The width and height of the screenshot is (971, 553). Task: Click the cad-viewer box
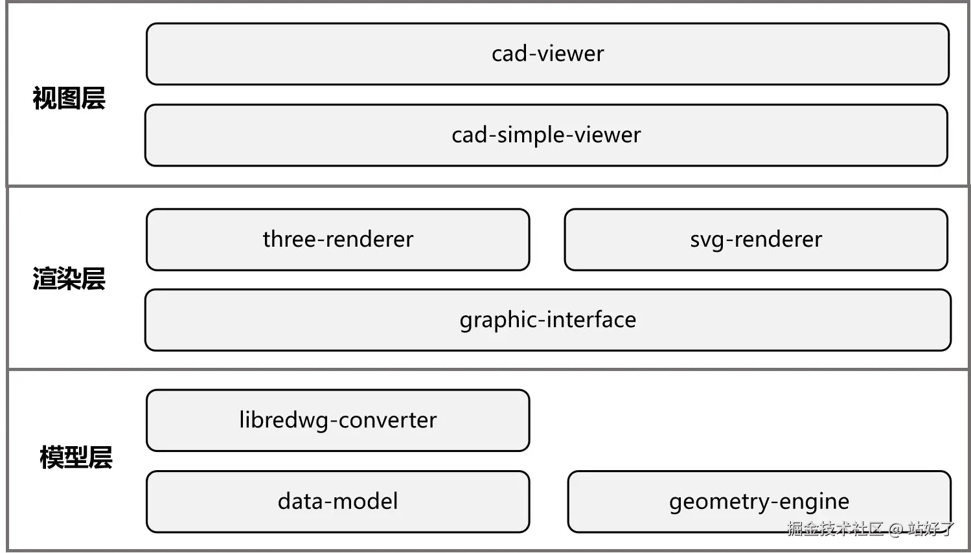(x=547, y=54)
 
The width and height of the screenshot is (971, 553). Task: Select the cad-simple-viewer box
(x=546, y=135)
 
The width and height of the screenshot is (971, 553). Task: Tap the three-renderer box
(x=338, y=240)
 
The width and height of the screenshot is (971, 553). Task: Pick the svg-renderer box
(x=756, y=240)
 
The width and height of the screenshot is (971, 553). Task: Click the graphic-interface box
(x=548, y=320)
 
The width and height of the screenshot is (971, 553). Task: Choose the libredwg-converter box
(x=338, y=420)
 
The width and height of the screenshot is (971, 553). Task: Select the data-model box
(x=338, y=501)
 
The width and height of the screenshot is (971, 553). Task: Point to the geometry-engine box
(x=759, y=501)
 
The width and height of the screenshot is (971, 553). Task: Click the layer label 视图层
(x=69, y=98)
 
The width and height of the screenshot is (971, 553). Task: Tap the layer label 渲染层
(x=69, y=278)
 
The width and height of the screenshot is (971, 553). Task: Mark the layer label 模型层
(x=76, y=457)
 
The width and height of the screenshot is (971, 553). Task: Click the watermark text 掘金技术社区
(x=835, y=529)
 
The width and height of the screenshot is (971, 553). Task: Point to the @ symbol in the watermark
(x=896, y=529)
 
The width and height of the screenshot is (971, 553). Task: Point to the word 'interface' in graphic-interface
(x=591, y=320)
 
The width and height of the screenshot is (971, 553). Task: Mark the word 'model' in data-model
(x=365, y=501)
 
